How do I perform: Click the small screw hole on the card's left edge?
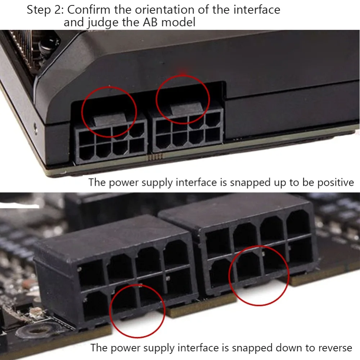pyautogui.click(x=35, y=126)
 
